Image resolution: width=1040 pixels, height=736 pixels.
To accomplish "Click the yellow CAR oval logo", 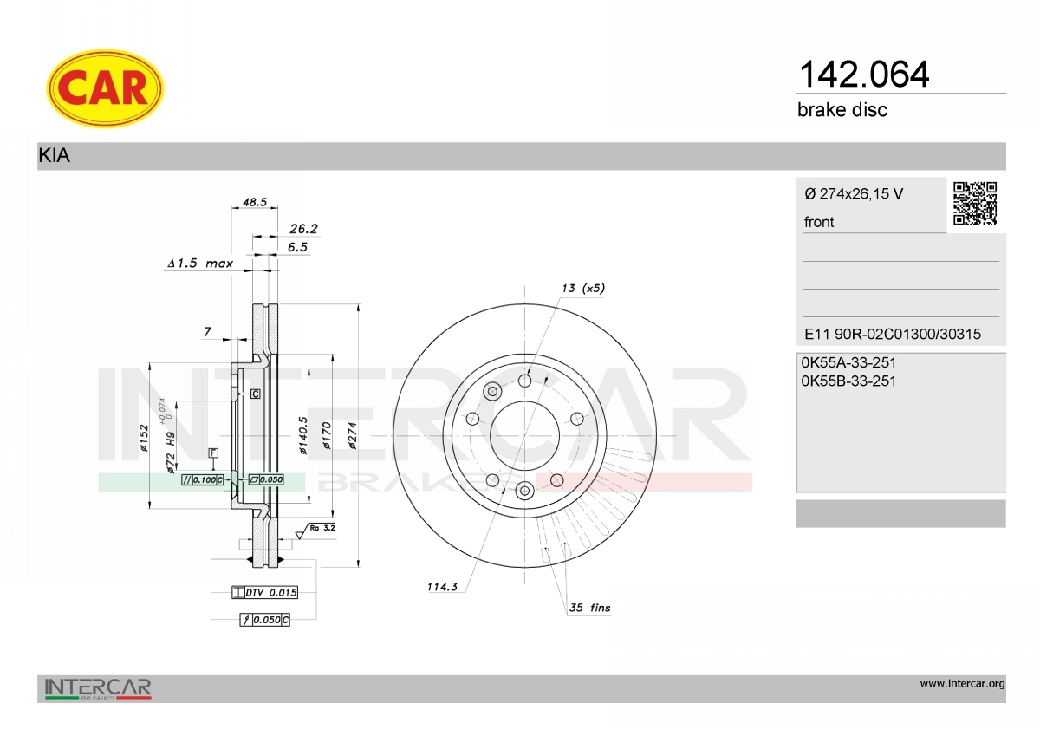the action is click(105, 88).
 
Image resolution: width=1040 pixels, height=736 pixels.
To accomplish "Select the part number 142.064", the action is click(863, 75).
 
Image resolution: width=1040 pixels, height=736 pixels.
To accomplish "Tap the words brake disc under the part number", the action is click(842, 110).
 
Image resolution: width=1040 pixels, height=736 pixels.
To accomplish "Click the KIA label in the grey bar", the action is click(55, 155).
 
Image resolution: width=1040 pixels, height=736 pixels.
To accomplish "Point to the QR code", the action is click(975, 204).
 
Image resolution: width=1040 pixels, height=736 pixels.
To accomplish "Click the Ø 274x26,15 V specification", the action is click(854, 193).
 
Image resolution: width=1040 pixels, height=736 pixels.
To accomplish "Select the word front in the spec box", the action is click(819, 222).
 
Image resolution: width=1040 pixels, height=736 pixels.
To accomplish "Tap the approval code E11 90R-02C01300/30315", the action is click(893, 334).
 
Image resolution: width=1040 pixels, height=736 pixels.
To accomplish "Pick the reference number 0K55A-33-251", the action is click(848, 362).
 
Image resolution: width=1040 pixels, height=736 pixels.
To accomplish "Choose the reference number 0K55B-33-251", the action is click(848, 381).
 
